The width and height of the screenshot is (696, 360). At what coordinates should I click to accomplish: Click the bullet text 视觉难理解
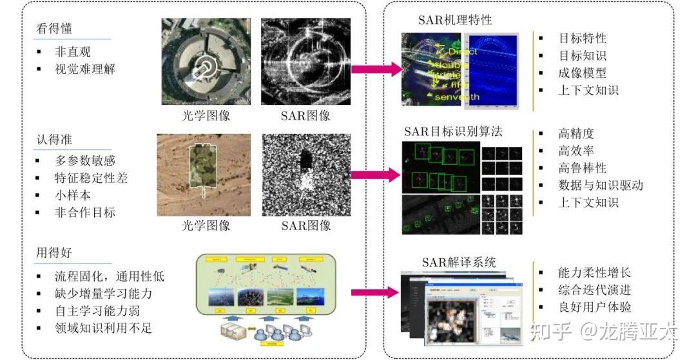click(85, 69)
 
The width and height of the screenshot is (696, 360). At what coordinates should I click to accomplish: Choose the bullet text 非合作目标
click(85, 212)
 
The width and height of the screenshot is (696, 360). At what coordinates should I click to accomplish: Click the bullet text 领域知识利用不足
click(103, 329)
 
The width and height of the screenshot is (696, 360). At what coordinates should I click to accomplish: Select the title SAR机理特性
click(454, 20)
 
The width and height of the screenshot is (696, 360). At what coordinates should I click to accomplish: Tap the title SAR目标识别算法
click(453, 131)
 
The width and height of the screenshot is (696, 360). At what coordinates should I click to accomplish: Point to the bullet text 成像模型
click(582, 73)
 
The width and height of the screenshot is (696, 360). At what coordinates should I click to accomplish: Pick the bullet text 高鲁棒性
click(582, 168)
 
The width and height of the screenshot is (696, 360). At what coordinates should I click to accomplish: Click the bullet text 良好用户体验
click(594, 307)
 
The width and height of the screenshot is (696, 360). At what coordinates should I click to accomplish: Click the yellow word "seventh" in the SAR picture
click(457, 97)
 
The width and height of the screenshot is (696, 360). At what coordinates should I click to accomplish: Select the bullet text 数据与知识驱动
click(600, 185)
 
